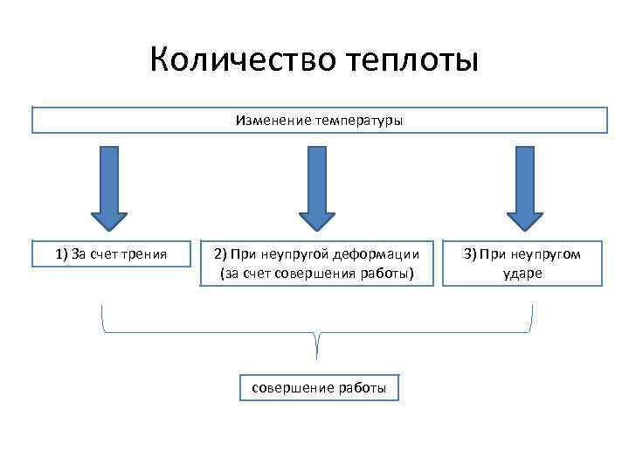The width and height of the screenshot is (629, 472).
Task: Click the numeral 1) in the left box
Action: click(61, 254)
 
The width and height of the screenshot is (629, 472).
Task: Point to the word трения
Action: click(144, 254)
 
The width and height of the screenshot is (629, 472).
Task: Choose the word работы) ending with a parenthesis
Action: click(385, 274)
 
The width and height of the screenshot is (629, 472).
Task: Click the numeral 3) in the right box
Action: click(470, 254)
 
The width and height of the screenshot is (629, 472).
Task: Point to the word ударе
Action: click(522, 274)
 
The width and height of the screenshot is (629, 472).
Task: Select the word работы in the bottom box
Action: click(362, 388)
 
